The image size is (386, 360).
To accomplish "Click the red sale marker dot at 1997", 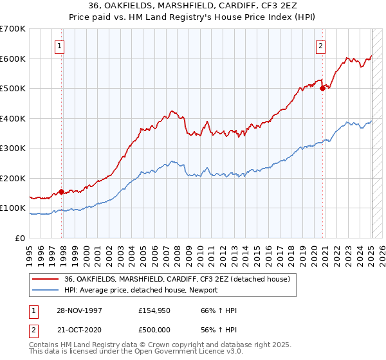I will click(62, 192).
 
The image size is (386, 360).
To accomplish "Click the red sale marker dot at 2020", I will click(322, 89).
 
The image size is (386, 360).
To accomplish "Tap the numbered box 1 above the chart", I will click(59, 46).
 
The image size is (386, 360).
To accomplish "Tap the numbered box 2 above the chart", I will click(320, 46).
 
